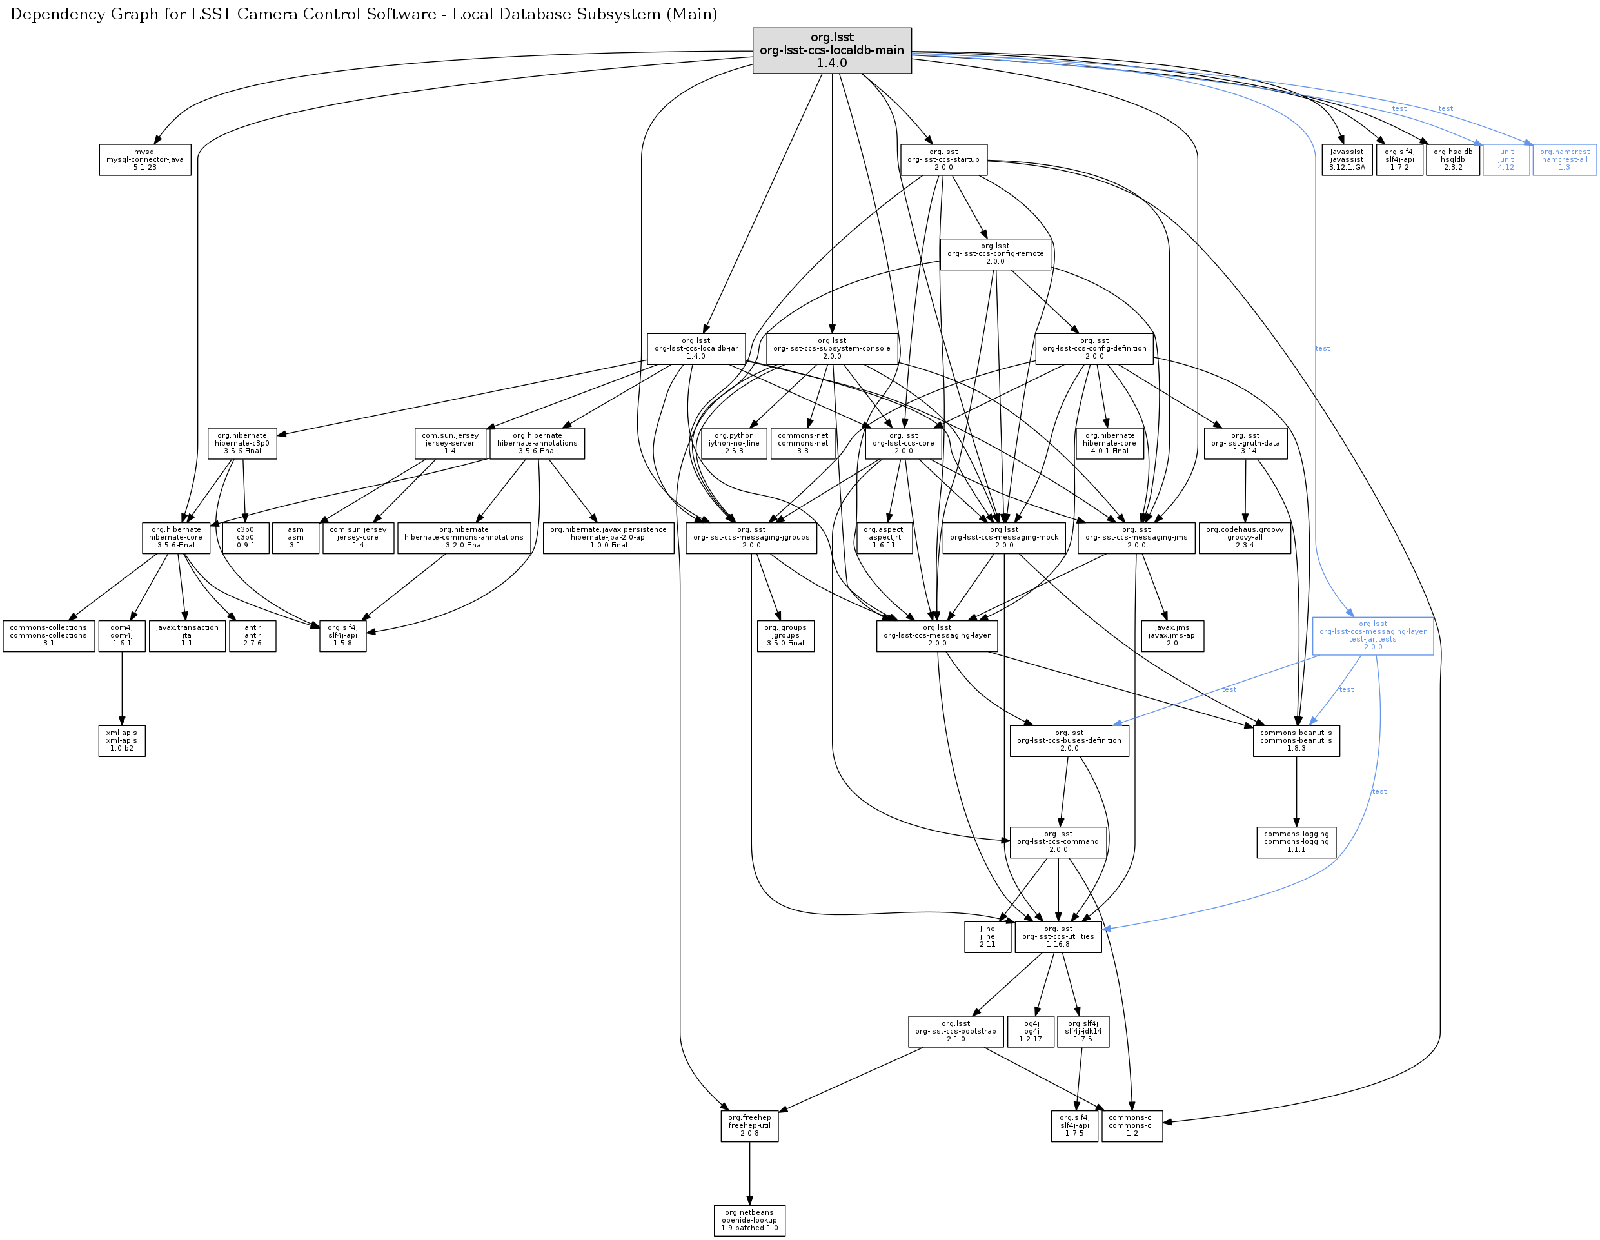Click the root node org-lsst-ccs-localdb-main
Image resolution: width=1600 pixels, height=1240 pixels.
831,50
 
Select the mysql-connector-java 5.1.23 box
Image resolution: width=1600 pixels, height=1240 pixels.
145,160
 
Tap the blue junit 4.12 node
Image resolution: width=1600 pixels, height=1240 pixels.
1505,160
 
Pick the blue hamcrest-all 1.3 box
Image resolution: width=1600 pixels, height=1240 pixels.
1564,160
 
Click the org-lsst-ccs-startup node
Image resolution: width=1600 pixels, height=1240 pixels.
943,160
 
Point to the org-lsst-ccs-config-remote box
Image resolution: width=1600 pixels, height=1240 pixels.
995,254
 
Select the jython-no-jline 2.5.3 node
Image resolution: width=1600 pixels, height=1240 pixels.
734,443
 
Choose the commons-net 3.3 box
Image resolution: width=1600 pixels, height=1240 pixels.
803,443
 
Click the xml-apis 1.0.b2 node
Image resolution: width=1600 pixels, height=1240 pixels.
122,740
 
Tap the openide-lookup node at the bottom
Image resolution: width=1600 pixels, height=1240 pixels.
749,1220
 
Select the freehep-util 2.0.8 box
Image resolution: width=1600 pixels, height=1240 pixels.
749,1126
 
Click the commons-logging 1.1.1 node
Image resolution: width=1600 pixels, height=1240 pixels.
1296,841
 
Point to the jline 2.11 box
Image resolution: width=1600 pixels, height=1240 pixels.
987,937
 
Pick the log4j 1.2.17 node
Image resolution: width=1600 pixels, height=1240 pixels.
1030,1031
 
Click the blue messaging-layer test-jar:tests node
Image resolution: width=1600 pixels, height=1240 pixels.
1372,636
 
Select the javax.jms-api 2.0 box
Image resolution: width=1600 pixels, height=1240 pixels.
1172,636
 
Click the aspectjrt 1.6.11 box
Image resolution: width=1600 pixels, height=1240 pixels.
884,538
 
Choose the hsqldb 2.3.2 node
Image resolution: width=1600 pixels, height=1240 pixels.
1453,160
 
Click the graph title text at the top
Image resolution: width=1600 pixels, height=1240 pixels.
363,15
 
